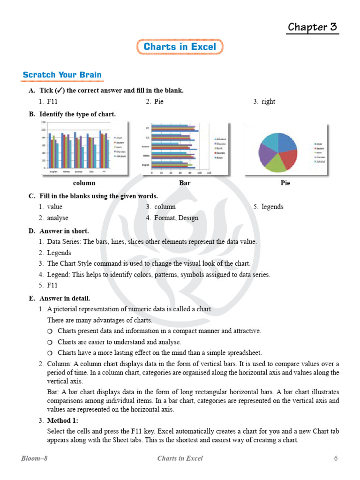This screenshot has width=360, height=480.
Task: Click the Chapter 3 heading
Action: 312,27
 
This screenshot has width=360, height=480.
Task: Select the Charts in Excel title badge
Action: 180,47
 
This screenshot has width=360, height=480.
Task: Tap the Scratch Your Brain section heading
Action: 62,75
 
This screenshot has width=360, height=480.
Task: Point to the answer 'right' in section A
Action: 268,101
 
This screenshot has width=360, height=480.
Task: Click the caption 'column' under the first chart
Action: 84,183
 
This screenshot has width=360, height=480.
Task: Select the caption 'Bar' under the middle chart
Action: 185,183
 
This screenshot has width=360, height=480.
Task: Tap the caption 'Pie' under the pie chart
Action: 285,183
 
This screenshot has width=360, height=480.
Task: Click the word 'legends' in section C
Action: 272,207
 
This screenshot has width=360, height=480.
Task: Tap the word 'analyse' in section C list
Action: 58,218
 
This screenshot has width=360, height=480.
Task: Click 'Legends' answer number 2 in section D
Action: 59,253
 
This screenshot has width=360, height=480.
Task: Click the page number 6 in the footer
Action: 336,458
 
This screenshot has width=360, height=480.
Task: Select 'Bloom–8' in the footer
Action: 34,458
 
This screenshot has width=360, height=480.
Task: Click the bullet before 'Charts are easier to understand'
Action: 50,342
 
